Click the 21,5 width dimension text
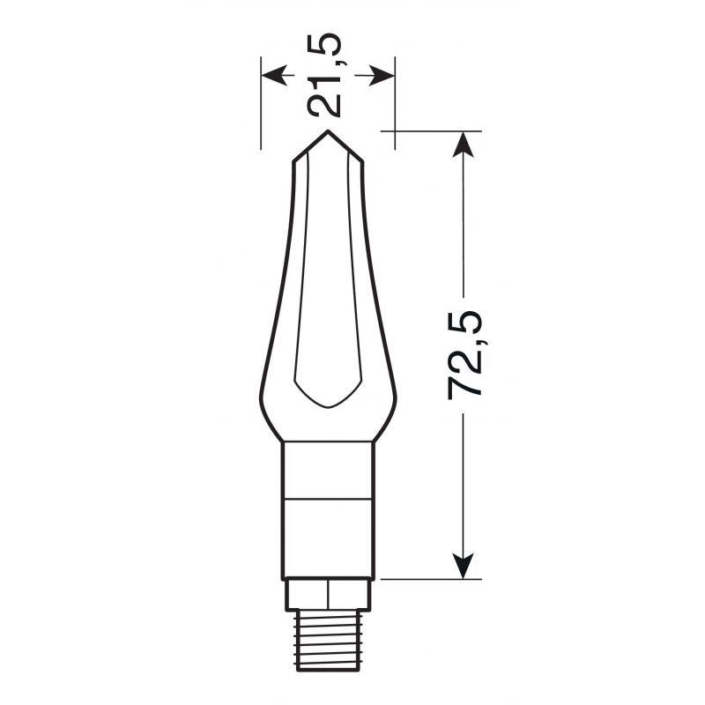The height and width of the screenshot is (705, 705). pyautogui.click(x=324, y=75)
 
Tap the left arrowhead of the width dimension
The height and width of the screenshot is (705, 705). pyautogui.click(x=274, y=75)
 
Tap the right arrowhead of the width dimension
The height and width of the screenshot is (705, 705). pyautogui.click(x=382, y=75)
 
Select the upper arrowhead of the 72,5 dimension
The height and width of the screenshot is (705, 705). pyautogui.click(x=464, y=145)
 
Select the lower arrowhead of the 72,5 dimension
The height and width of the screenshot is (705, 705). pyautogui.click(x=464, y=566)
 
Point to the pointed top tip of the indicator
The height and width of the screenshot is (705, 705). pyautogui.click(x=328, y=130)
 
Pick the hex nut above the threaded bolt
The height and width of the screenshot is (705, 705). pyautogui.click(x=328, y=594)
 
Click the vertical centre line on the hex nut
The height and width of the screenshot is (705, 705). pyautogui.click(x=328, y=594)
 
